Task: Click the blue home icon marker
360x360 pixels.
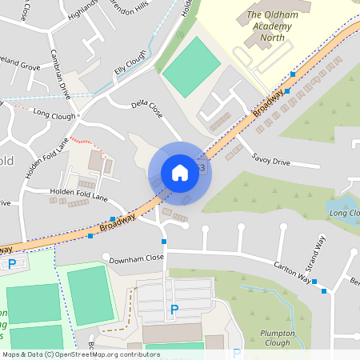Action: point(180,173)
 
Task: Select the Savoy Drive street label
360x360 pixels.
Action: point(270,160)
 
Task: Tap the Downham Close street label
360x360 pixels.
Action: point(137,258)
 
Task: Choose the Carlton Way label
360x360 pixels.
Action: point(292,268)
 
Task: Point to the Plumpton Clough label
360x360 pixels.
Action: point(278,338)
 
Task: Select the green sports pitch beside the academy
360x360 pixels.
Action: point(190,67)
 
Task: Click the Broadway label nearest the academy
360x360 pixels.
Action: point(270,101)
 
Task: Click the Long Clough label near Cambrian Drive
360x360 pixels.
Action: point(54,115)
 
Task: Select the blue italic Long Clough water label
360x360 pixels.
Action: point(344,214)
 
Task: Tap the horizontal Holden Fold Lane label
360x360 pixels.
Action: point(78,194)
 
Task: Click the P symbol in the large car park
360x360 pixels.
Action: point(174,310)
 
